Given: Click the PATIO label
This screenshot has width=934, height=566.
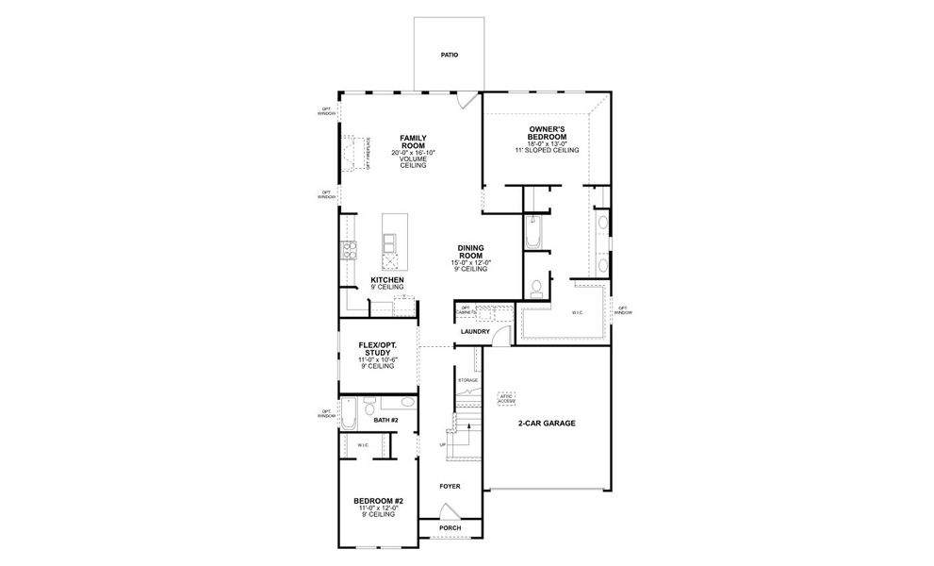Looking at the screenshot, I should (450, 56).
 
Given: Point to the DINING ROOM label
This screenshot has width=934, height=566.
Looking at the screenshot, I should (471, 252).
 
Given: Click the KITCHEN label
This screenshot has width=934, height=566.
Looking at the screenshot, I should (387, 280).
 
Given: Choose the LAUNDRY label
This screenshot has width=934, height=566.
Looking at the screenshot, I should (474, 331).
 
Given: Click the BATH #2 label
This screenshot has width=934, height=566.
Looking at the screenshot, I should (385, 420).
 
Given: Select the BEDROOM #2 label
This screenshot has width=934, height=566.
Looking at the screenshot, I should (379, 501).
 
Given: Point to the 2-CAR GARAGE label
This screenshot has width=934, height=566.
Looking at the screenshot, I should (547, 423).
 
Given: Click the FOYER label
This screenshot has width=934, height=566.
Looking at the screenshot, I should (450, 486).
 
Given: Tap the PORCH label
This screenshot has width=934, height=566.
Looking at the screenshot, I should (450, 527).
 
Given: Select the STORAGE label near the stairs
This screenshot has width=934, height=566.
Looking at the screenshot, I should (467, 379).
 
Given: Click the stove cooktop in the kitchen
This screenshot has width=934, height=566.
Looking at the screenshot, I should (347, 250).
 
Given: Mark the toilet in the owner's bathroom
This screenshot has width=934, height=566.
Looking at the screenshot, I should (534, 286).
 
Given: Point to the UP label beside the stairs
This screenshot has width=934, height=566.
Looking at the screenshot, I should (443, 443).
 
